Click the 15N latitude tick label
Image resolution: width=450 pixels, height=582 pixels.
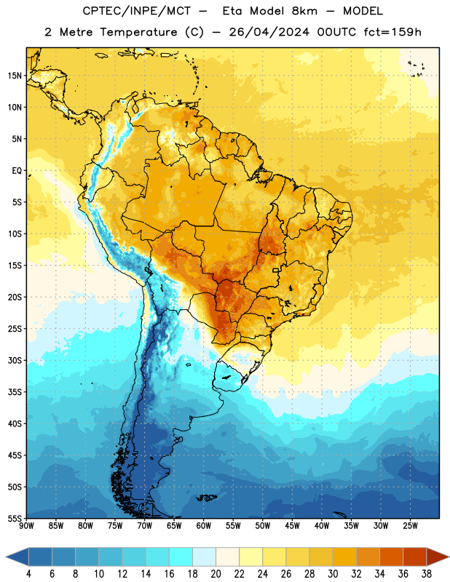tap(15, 76)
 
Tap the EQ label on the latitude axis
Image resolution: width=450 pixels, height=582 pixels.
tap(17, 171)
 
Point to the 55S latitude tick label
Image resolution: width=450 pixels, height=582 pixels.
tap(15, 518)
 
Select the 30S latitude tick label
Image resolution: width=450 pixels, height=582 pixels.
tap(15, 360)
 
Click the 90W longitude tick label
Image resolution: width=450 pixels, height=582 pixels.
tap(26, 526)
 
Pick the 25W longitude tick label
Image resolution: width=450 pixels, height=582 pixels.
tap(410, 526)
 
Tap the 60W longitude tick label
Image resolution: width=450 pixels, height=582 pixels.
tap(204, 526)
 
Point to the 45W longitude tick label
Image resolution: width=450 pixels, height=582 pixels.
tap(293, 526)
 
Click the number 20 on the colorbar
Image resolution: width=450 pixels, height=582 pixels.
tap(216, 574)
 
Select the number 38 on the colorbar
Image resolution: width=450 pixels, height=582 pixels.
tap(427, 574)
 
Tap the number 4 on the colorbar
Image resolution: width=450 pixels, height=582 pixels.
tap(28, 574)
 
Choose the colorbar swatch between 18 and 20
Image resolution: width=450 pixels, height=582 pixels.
tap(205, 557)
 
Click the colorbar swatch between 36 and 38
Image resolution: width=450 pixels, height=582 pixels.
tap(415, 557)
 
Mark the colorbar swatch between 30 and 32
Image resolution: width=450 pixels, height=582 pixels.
tap(345, 557)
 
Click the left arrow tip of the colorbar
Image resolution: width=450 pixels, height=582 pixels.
tap(6, 557)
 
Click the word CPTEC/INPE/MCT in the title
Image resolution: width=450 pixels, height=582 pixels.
tap(136, 11)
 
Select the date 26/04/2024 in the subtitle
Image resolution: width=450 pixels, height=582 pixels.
tap(269, 32)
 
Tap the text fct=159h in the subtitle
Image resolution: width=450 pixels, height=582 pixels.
tap(392, 32)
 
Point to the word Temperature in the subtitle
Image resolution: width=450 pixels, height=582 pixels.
tap(138, 32)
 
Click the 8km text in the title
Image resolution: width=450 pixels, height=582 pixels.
tap(304, 11)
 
